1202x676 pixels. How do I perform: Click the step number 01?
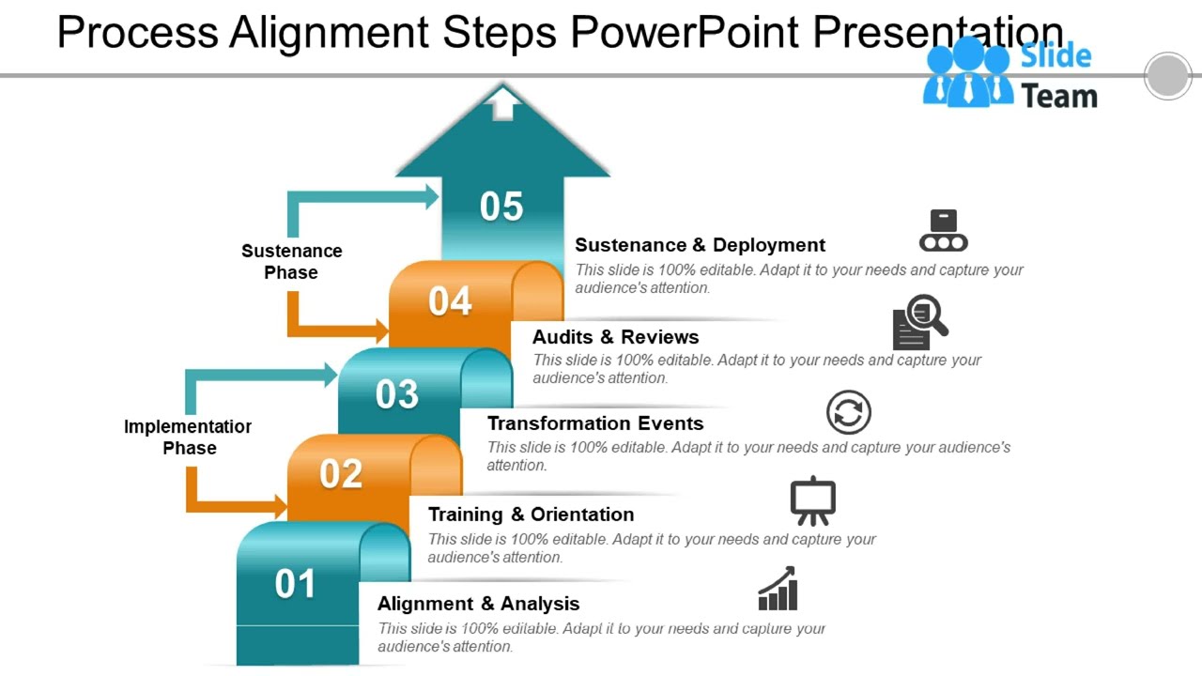(295, 584)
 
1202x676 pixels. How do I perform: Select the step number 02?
(341, 474)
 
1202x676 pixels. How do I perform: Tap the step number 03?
(397, 394)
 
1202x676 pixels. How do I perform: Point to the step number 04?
(450, 301)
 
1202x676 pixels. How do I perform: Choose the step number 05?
(501, 207)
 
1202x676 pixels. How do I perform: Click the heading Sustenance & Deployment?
(700, 245)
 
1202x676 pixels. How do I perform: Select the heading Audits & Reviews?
(615, 337)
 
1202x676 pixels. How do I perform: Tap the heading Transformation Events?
(594, 423)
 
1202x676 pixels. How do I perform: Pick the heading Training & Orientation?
(531, 515)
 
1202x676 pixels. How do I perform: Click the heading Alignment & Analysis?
(478, 604)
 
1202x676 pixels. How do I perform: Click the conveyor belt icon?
(943, 231)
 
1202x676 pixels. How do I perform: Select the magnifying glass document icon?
(919, 322)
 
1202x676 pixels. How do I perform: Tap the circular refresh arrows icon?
(848, 413)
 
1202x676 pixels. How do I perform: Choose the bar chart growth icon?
(778, 589)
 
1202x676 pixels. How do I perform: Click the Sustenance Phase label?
(291, 262)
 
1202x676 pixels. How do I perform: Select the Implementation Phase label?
(188, 438)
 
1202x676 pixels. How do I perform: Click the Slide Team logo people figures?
(967, 73)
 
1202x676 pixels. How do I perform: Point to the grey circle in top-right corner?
(1167, 76)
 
